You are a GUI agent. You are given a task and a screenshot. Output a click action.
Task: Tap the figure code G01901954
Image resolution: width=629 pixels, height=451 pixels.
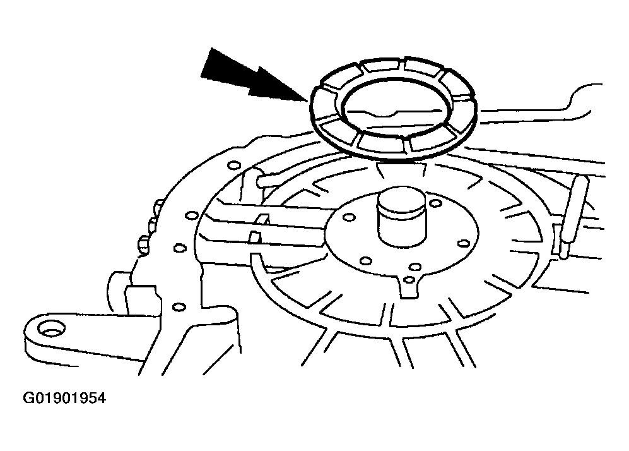coord(64,398)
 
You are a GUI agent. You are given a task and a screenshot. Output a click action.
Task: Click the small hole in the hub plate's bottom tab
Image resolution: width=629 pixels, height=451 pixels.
coord(409,280)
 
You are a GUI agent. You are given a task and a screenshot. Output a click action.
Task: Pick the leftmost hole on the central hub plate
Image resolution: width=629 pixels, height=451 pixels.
coord(349,217)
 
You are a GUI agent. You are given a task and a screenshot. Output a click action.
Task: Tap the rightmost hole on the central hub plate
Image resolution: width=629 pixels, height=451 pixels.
coord(464,243)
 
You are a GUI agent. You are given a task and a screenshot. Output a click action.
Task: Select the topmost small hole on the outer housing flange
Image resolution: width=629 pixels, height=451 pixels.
coord(233,165)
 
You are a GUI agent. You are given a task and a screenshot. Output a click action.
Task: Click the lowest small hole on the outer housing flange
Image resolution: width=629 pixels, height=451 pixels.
coord(179,307)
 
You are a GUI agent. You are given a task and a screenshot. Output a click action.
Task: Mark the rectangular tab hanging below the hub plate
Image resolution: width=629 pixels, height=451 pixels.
coord(409,286)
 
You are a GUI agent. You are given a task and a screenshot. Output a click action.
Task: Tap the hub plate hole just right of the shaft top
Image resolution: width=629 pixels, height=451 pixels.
coord(436,203)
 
